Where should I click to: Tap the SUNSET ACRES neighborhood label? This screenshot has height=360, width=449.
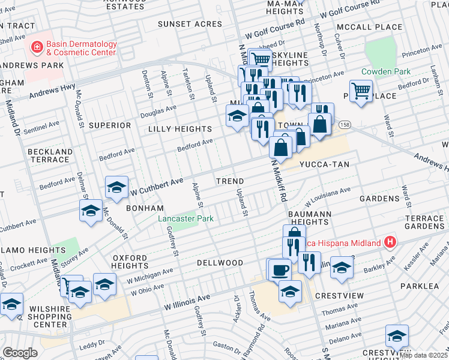[190, 24]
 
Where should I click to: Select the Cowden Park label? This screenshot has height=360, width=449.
[385, 71]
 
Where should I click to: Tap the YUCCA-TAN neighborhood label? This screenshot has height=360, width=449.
[325, 164]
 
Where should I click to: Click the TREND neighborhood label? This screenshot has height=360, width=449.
[230, 181]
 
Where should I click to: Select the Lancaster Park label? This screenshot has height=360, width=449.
[185, 219]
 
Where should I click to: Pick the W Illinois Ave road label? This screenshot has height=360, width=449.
[187, 299]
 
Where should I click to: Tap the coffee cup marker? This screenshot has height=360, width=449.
[279, 269]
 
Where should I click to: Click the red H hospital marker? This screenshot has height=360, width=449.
[390, 242]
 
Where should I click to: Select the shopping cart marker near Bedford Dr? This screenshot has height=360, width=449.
[361, 92]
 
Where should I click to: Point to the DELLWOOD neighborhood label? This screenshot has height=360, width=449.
[220, 263]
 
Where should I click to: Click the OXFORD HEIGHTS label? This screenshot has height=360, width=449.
[130, 262]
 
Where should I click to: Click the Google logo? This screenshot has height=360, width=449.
[20, 353]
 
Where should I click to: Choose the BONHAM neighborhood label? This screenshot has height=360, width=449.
[145, 208]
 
